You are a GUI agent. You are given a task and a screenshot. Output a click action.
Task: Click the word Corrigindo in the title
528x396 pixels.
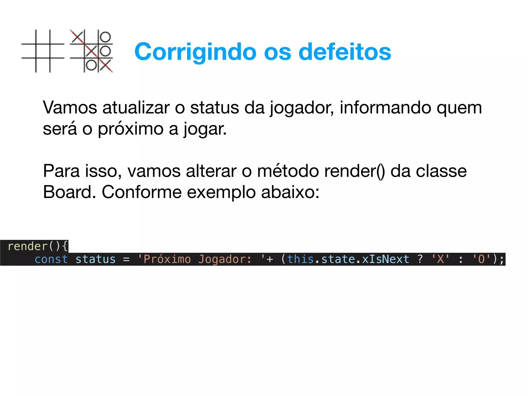(x=195, y=52)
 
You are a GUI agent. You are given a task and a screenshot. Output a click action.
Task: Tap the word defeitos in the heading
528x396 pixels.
(x=345, y=52)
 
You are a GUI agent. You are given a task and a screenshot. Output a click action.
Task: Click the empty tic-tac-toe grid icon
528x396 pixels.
(x=43, y=51)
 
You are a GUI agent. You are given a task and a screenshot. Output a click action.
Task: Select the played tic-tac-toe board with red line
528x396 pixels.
(x=92, y=51)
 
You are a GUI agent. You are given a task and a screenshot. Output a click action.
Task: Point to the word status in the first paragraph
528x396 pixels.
(x=214, y=108)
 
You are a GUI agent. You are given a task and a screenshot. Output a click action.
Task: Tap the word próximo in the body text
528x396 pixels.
(x=130, y=129)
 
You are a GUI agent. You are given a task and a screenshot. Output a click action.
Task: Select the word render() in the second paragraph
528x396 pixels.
(x=354, y=171)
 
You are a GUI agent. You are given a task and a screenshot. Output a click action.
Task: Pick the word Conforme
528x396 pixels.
(x=142, y=192)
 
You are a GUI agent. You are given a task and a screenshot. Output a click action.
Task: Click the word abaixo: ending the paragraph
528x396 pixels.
(x=290, y=192)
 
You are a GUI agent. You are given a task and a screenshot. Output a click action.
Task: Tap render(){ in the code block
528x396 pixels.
(x=38, y=246)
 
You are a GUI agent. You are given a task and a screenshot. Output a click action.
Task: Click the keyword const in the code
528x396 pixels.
(x=51, y=259)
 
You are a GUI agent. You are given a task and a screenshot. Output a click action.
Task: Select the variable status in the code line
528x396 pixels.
(x=95, y=259)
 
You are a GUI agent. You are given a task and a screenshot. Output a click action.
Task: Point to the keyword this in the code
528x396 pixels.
(x=300, y=259)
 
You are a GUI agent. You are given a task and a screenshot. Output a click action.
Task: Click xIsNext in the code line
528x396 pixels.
(x=385, y=259)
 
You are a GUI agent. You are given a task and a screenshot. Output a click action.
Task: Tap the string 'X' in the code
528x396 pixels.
(x=440, y=259)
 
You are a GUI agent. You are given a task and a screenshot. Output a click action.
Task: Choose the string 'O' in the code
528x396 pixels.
(x=481, y=259)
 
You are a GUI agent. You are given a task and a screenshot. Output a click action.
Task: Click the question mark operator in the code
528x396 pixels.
(x=420, y=259)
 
